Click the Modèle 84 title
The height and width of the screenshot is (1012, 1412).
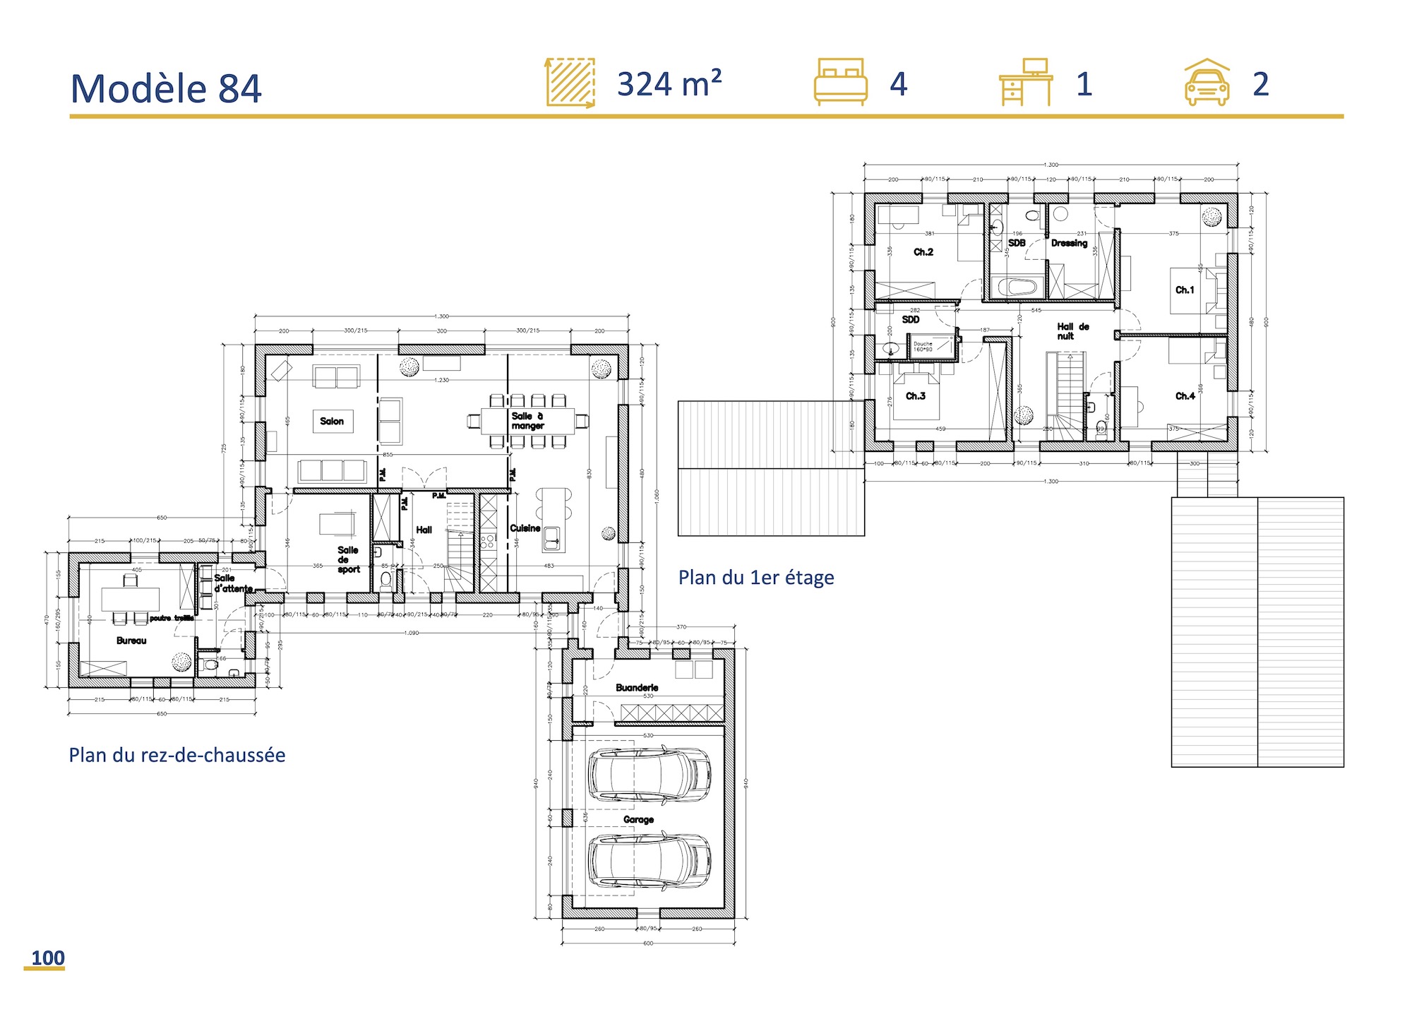pyautogui.click(x=166, y=89)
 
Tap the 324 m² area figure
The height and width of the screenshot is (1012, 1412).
pyautogui.click(x=669, y=84)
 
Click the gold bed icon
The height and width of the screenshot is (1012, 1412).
pyautogui.click(x=840, y=82)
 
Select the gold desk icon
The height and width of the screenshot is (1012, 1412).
pyautogui.click(x=1026, y=82)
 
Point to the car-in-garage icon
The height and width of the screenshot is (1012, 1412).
pyautogui.click(x=1207, y=83)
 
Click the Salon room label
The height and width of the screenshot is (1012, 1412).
pyautogui.click(x=332, y=422)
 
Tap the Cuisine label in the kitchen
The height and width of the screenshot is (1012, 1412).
pyautogui.click(x=525, y=528)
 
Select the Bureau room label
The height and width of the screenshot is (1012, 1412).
pyautogui.click(x=131, y=641)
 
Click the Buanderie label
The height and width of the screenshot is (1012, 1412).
pyautogui.click(x=637, y=687)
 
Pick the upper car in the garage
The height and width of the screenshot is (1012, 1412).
pyautogui.click(x=650, y=775)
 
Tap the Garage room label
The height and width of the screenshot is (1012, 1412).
pyautogui.click(x=638, y=819)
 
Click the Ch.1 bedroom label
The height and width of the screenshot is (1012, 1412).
pyautogui.click(x=1185, y=290)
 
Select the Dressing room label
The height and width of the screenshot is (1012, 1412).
pyautogui.click(x=1069, y=243)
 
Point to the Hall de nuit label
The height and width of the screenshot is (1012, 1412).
pyautogui.click(x=1072, y=331)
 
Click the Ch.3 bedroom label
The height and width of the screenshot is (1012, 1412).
pyautogui.click(x=916, y=396)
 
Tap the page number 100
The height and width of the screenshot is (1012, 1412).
pyautogui.click(x=47, y=958)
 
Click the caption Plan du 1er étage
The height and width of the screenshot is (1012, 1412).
pyautogui.click(x=756, y=578)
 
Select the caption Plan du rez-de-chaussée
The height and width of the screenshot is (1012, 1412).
pyautogui.click(x=177, y=755)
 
